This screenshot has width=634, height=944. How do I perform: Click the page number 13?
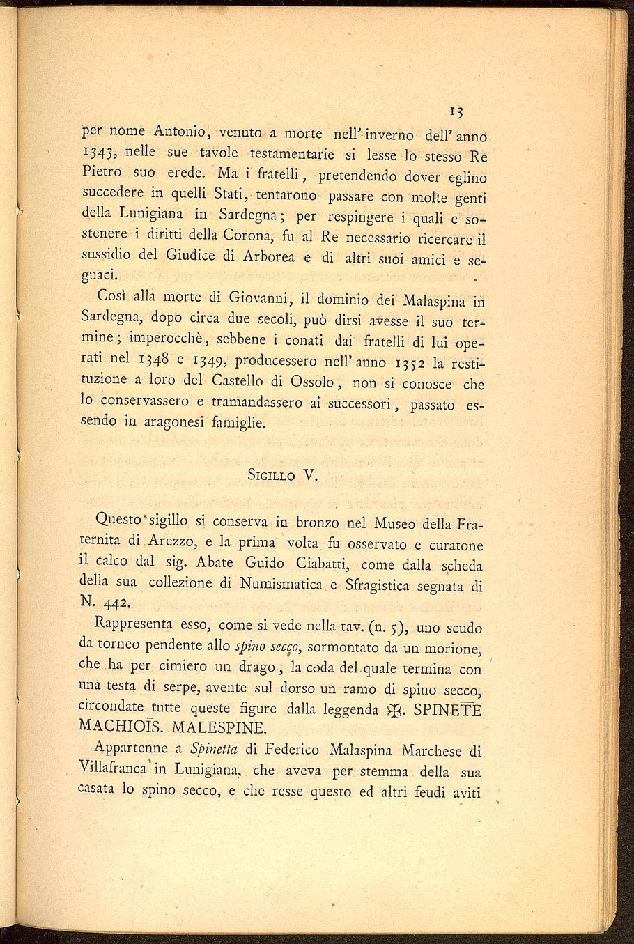(457, 111)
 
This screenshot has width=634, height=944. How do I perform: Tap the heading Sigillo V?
(282, 476)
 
